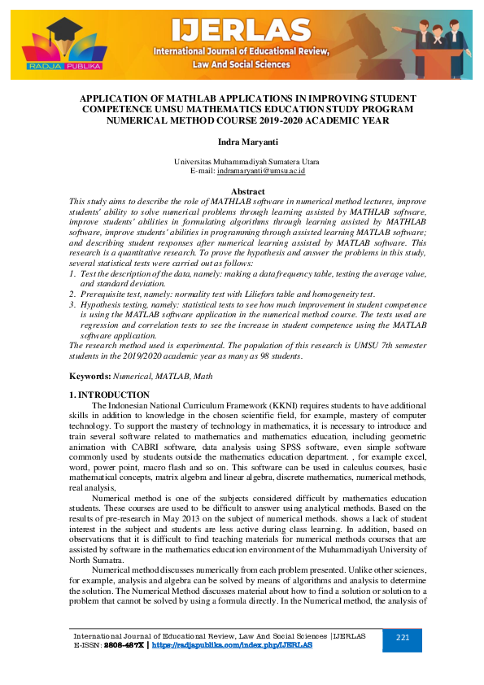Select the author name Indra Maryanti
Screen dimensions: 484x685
coord(242,142)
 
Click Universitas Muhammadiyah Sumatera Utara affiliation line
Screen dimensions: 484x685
coord(242,163)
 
